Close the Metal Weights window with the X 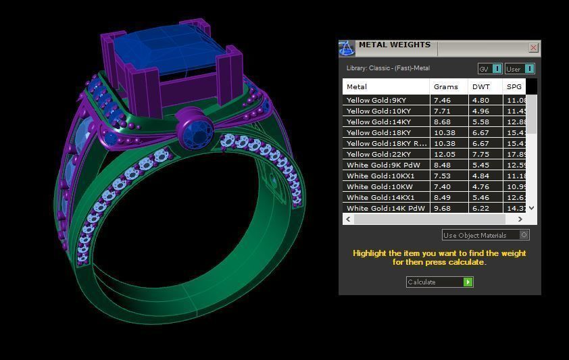tap(533, 48)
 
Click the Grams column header tap(446, 86)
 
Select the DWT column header tap(481, 86)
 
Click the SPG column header tap(514, 86)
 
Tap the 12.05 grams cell tap(443, 154)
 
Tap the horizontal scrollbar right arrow tap(520, 219)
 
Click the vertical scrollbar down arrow tap(532, 208)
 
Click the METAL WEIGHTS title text tap(394, 45)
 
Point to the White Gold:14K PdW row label tap(385, 208)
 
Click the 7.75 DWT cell tap(480, 154)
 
